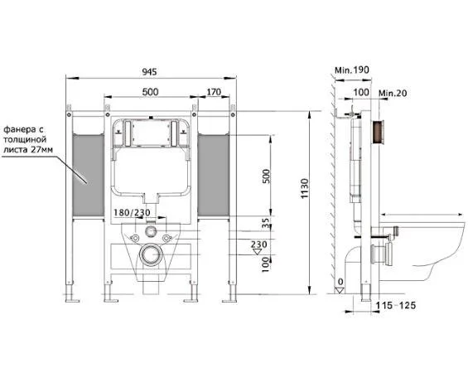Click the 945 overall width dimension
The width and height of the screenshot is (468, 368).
pyautogui.click(x=149, y=71)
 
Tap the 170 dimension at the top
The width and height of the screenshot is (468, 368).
pyautogui.click(x=214, y=92)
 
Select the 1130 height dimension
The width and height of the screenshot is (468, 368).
pyautogui.click(x=304, y=188)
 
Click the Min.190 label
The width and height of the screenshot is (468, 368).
pyautogui.click(x=352, y=70)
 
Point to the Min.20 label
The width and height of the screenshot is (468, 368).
pyautogui.click(x=393, y=94)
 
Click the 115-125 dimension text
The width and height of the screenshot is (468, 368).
pyautogui.click(x=395, y=305)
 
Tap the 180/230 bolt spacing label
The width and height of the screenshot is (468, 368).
pyautogui.click(x=132, y=213)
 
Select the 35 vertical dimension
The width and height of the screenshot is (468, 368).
pyautogui.click(x=266, y=223)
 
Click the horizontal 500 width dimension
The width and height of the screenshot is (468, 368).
pyautogui.click(x=150, y=92)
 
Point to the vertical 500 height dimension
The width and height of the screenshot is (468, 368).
pyautogui.click(x=266, y=177)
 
